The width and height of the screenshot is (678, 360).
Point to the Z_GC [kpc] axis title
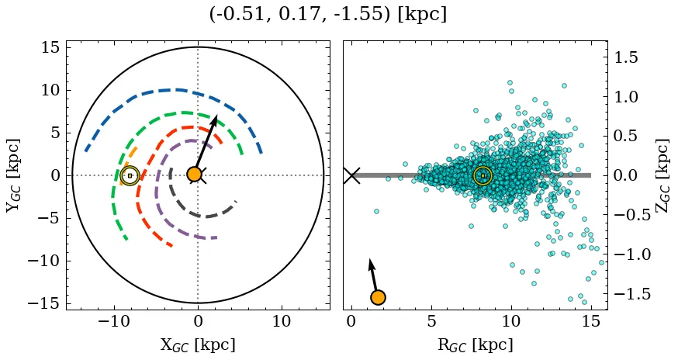(662, 175)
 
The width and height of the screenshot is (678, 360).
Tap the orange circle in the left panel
(195, 175)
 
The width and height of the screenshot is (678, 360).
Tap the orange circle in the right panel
(378, 297)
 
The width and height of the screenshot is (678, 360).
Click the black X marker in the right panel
(351, 175)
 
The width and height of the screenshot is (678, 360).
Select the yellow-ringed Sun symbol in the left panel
(130, 175)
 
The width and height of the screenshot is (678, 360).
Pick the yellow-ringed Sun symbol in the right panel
(483, 175)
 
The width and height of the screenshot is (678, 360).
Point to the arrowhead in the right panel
(372, 264)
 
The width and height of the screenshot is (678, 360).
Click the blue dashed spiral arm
(178, 90)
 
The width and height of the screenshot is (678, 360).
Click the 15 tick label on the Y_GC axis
(50, 48)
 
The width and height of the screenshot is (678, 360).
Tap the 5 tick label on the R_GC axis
(431, 322)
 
